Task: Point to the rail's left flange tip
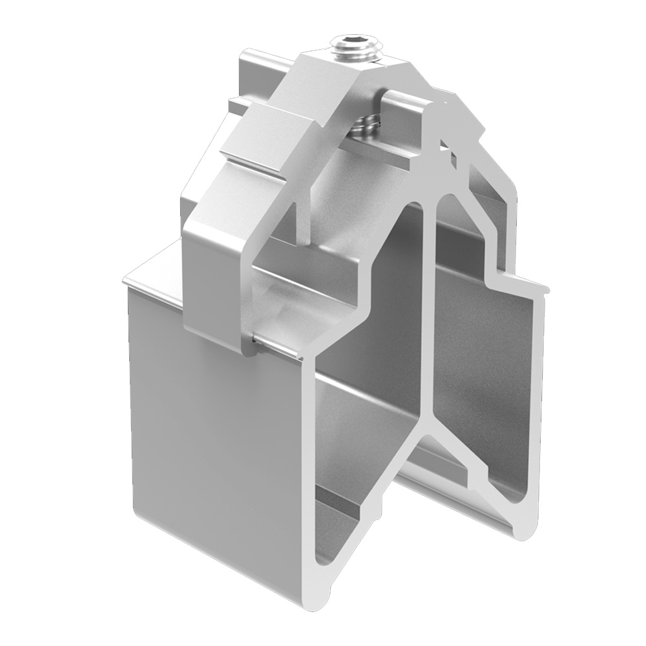click(129, 281)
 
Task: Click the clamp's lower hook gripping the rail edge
click(249, 342)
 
